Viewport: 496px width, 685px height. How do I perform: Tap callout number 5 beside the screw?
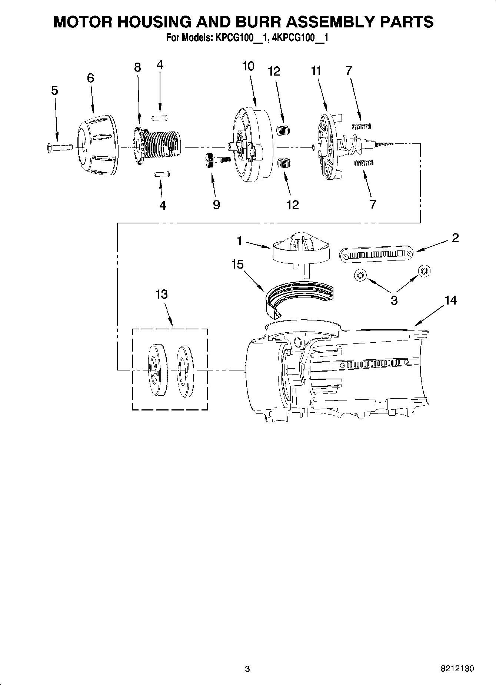click(54, 90)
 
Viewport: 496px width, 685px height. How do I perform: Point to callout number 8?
click(137, 67)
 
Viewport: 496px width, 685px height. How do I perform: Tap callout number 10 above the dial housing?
click(248, 66)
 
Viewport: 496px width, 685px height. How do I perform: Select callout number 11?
click(316, 70)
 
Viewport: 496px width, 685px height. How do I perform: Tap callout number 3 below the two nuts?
click(394, 300)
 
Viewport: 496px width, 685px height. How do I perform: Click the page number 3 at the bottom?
click(247, 669)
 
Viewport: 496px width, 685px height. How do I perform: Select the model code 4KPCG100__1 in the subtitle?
click(300, 38)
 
